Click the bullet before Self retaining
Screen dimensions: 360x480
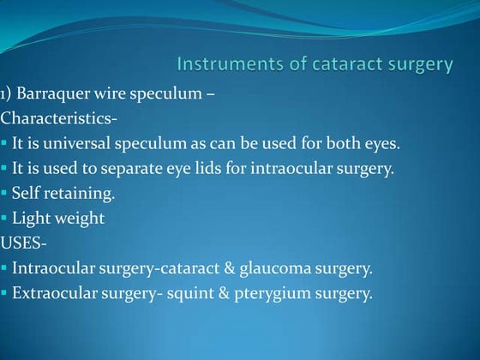pyautogui.click(x=4, y=194)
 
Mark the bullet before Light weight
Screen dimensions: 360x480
pyautogui.click(x=4, y=219)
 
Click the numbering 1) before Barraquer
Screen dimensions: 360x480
pyautogui.click(x=7, y=93)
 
